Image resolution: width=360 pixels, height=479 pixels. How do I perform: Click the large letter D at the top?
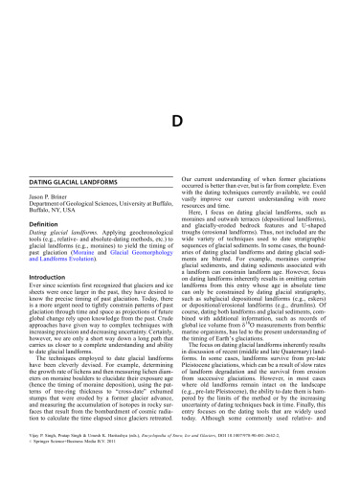tap(178, 68)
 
